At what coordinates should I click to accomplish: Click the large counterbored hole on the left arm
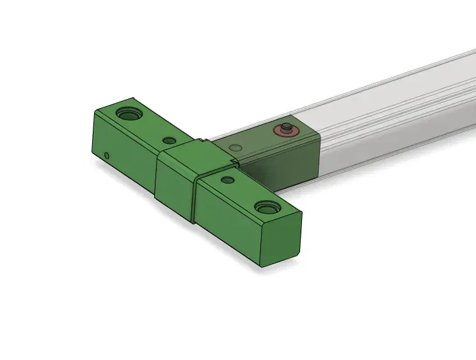pyautogui.click(x=129, y=114)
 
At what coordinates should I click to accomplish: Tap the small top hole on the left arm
pyautogui.click(x=169, y=140)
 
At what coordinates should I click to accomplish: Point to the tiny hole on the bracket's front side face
pyautogui.click(x=107, y=155)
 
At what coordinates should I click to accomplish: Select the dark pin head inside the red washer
pyautogui.click(x=286, y=127)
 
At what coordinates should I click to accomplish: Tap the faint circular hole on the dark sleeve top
pyautogui.click(x=236, y=148)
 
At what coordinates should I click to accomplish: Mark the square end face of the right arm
pyautogui.click(x=280, y=240)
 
